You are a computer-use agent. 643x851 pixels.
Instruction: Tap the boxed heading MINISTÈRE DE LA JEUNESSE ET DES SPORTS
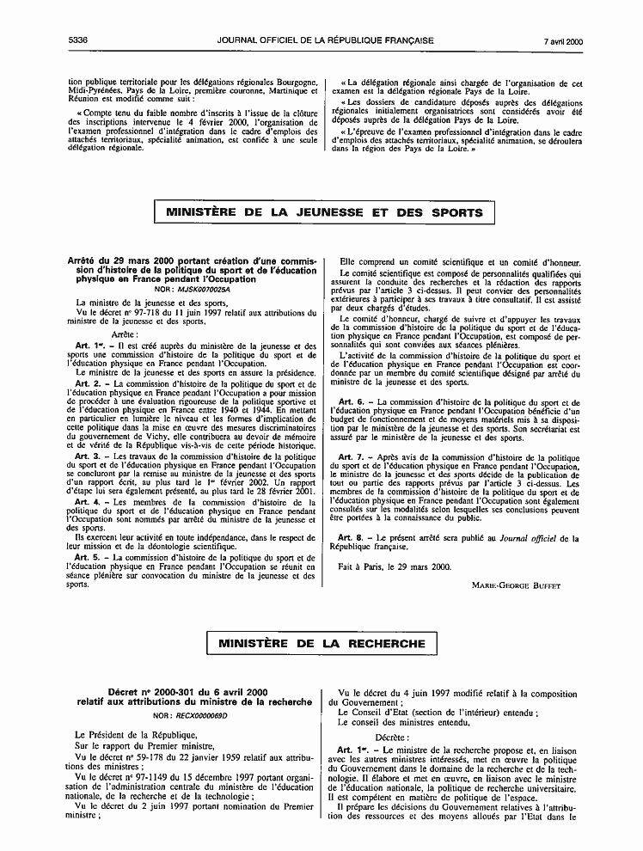324,212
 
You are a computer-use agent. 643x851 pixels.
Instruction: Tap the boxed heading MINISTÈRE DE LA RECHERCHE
321,643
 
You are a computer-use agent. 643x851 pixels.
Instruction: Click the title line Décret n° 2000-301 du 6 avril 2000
193,692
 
